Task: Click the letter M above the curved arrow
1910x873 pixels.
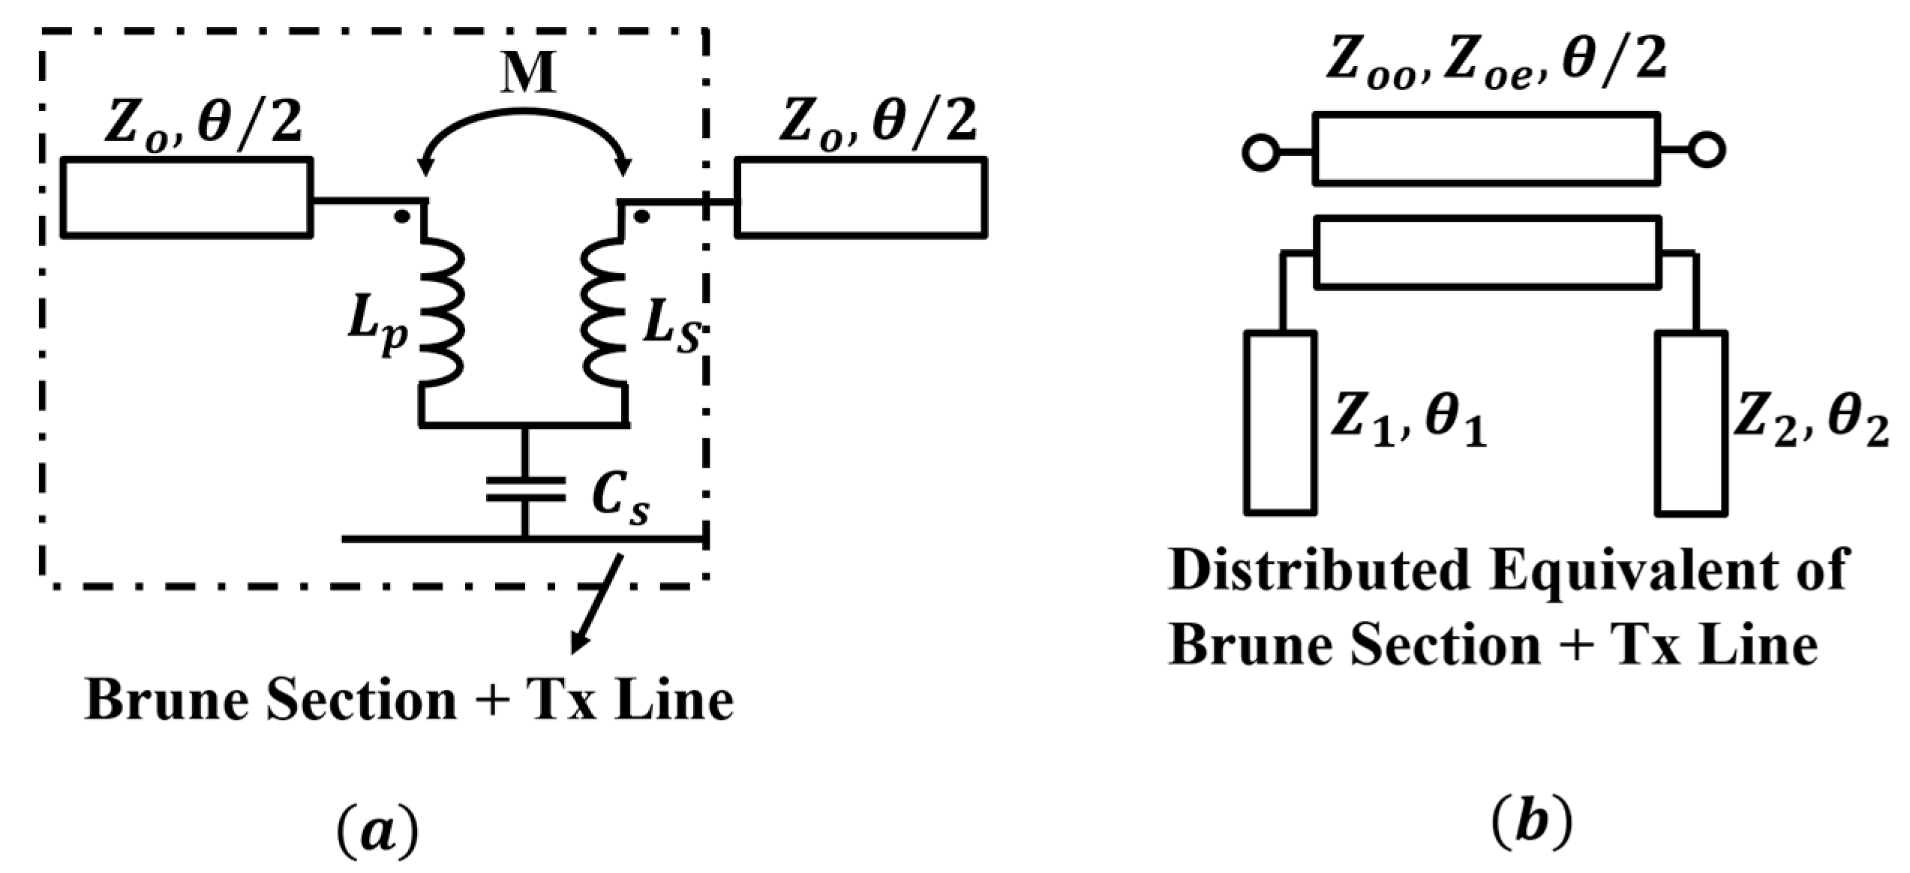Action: [x=529, y=74]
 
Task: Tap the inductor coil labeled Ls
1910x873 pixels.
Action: [x=604, y=311]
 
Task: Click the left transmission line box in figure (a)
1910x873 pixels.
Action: [x=186, y=198]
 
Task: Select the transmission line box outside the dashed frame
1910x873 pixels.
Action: [x=860, y=198]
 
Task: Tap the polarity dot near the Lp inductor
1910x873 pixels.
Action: [x=402, y=217]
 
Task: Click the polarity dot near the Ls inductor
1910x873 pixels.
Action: [x=641, y=217]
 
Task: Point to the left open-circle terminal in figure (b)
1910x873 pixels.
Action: [x=1260, y=153]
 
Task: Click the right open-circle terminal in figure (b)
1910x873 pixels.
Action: [x=1707, y=151]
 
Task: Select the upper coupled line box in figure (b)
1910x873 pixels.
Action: [x=1486, y=148]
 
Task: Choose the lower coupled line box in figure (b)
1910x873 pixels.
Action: [x=1488, y=252]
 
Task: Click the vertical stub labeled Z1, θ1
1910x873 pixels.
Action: [x=1281, y=423]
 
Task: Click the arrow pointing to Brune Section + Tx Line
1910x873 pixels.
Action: [x=596, y=604]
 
